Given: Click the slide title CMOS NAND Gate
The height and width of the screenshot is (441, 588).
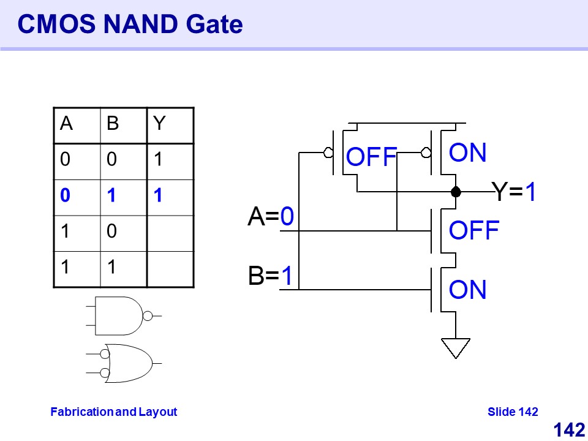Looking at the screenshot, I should click(130, 24).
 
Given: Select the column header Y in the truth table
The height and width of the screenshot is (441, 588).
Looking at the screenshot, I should click(160, 124).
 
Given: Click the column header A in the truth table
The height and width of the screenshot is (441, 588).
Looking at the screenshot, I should click(66, 124).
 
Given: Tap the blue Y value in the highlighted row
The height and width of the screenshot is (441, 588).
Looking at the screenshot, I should click(158, 196).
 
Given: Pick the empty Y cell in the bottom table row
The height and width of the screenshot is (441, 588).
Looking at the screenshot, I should click(170, 268).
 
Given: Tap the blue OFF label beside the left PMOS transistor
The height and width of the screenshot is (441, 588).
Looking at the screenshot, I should click(372, 157).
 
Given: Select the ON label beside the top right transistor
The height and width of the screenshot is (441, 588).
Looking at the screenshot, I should click(468, 153).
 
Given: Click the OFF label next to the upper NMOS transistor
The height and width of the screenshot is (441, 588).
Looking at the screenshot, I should click(474, 231).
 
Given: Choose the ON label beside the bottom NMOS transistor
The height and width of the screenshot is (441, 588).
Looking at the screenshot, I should click(468, 290).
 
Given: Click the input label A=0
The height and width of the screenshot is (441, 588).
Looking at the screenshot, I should click(271, 217).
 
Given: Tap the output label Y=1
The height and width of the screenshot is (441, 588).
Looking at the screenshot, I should click(514, 192).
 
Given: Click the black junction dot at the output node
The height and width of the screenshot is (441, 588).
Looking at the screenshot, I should click(456, 192).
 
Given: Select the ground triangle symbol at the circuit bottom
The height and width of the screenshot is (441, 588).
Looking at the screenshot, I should click(456, 348).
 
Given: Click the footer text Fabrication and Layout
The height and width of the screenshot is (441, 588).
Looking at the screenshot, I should click(113, 412).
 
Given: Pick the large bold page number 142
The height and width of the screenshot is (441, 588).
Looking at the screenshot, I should click(569, 430).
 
